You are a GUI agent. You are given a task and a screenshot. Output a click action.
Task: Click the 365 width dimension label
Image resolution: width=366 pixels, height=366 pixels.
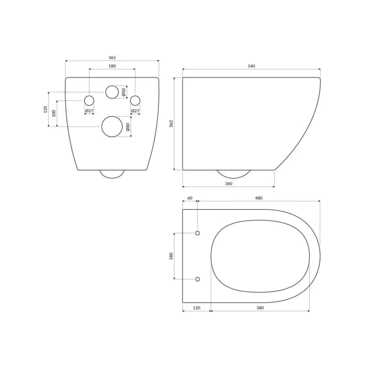point(112,58)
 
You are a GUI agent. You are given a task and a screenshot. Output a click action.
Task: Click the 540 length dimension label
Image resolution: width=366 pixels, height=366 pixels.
point(251,66)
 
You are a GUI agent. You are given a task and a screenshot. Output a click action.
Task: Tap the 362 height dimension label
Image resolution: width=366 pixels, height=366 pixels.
point(171,124)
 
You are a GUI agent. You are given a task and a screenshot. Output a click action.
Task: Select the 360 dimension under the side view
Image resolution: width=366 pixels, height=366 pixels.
point(228,184)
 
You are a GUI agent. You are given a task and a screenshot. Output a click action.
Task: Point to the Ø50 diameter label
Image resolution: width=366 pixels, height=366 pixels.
point(124,92)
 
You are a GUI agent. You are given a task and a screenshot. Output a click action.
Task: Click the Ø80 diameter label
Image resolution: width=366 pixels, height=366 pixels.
point(128,127)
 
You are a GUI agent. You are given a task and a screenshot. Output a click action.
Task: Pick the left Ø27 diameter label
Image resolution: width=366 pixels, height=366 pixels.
point(89,111)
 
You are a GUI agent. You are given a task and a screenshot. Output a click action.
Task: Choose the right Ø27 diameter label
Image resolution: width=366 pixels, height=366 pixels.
point(135,111)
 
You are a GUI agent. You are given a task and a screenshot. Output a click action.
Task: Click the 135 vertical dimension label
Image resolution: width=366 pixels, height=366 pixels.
point(45,109)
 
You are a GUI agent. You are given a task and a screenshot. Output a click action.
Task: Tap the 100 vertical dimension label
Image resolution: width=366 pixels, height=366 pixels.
point(54,113)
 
